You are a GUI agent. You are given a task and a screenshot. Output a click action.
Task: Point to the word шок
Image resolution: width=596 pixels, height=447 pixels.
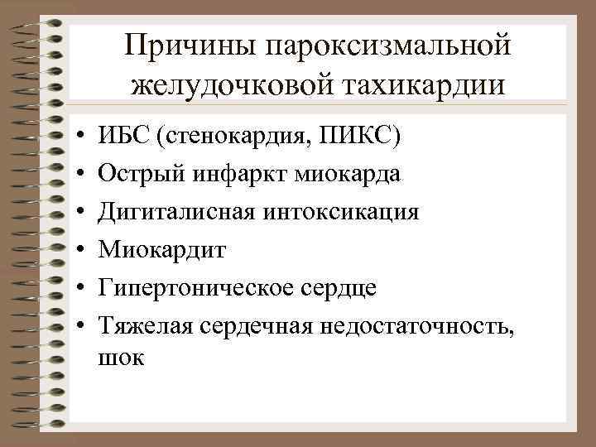pos(120,358)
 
